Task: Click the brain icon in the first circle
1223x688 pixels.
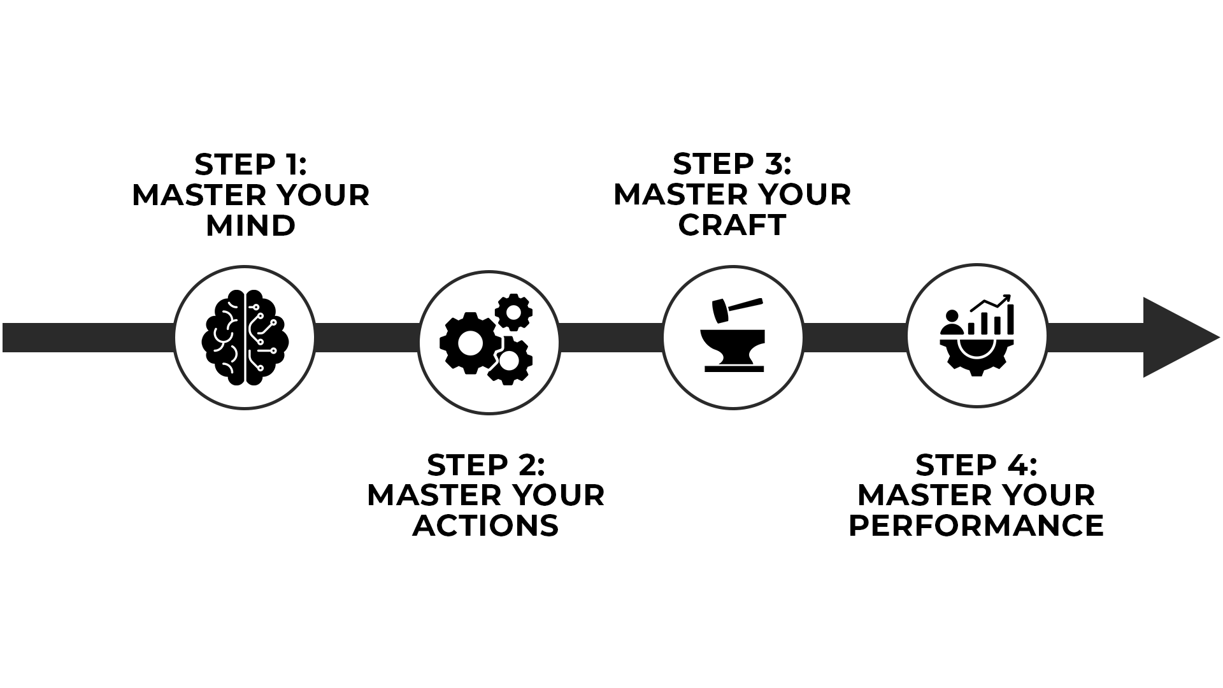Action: pos(245,338)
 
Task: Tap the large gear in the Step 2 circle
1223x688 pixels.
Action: pos(469,343)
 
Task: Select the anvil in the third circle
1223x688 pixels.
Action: pos(733,347)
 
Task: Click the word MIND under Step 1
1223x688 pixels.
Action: pos(250,226)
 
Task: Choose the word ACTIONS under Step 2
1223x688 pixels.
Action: pos(485,526)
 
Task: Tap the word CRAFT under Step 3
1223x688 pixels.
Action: pos(733,225)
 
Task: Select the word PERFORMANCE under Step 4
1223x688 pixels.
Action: pos(976,526)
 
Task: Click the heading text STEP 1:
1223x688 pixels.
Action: pos(250,164)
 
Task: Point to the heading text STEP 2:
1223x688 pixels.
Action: pos(485,465)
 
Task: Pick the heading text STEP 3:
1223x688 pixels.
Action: pos(733,164)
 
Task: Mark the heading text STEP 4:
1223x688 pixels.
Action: pos(976,465)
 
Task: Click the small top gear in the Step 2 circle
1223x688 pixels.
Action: pos(513,311)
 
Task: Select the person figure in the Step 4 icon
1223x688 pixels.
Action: pos(952,322)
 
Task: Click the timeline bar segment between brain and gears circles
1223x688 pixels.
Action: pos(367,337)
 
